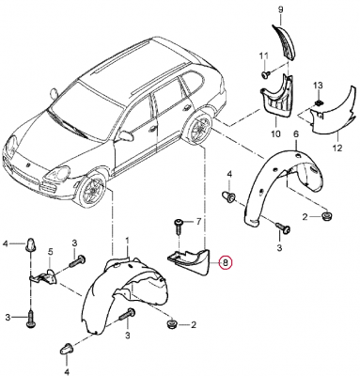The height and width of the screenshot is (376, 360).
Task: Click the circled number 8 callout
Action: (x=226, y=262)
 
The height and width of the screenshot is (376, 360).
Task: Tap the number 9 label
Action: (x=280, y=9)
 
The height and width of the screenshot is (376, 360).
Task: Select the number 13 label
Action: (x=318, y=86)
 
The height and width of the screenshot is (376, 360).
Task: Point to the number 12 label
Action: (x=337, y=148)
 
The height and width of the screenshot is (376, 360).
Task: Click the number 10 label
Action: (x=275, y=134)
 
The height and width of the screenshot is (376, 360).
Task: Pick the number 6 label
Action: (x=296, y=134)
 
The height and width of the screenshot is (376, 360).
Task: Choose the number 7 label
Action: (x=198, y=222)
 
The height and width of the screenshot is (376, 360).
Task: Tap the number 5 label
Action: (x=51, y=251)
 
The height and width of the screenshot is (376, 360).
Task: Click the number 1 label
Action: (x=128, y=241)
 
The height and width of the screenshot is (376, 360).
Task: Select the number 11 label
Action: (x=264, y=55)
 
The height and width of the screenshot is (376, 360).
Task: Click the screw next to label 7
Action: (x=178, y=227)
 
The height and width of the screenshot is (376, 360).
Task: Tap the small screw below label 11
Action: (x=266, y=74)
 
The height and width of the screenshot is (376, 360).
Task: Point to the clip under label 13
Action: (x=319, y=102)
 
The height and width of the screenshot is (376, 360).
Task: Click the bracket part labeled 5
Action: (x=44, y=276)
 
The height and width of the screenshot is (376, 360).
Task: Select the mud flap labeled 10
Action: (x=276, y=94)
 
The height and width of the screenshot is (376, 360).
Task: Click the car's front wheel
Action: (x=93, y=190)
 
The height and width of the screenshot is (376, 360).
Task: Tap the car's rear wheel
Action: (x=197, y=129)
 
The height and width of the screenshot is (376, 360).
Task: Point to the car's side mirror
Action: (x=126, y=135)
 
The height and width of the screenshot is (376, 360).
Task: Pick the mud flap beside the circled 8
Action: (x=190, y=261)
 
